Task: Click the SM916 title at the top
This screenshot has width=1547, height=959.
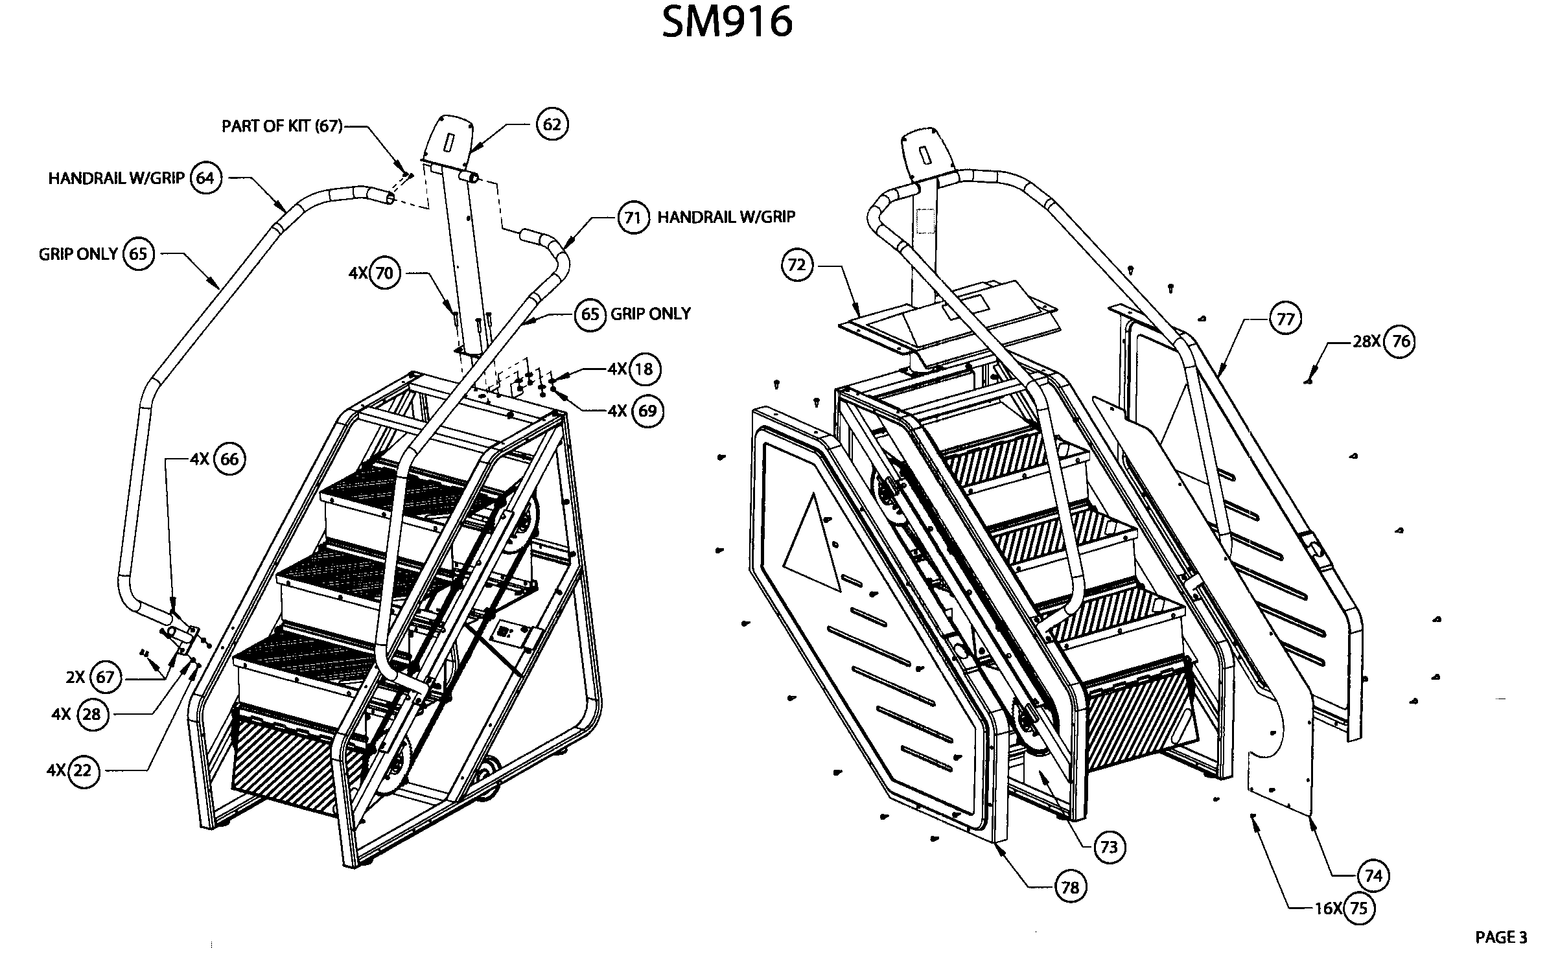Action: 727,22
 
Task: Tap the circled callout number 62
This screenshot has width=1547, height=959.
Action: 552,124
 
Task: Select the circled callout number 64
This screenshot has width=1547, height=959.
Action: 205,178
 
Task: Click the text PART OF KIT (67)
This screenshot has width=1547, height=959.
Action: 282,126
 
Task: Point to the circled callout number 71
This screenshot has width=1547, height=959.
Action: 632,218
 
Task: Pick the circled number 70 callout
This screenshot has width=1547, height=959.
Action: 384,273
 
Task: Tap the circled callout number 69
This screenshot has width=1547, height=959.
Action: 647,411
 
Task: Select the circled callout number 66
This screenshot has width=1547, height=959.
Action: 229,459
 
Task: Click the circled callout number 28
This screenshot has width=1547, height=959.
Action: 92,714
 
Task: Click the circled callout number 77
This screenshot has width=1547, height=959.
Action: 1285,319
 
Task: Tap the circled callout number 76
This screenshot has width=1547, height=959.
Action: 1401,341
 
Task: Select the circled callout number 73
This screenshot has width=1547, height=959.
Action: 1109,848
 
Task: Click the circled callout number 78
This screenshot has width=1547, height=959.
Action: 1070,887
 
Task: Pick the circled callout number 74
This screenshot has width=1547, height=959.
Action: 1373,877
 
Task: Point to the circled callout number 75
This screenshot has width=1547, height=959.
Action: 1358,908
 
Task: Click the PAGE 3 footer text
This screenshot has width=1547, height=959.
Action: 1501,937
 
